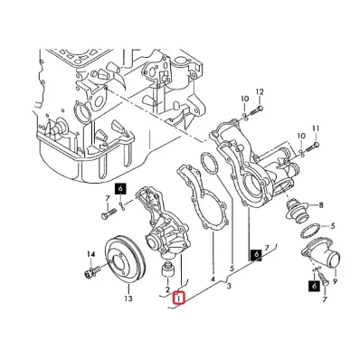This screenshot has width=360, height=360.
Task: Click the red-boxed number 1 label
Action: (179, 298)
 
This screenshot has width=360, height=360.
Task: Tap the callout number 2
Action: (167, 289)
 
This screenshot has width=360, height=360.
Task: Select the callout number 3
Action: (229, 286)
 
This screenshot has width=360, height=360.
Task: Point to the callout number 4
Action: (213, 279)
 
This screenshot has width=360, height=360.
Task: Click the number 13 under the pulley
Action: (128, 298)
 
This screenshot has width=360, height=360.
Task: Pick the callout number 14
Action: (90, 255)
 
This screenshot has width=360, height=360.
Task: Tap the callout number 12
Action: (260, 92)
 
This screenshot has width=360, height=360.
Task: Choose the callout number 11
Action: (316, 128)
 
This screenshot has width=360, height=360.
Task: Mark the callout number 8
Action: (321, 205)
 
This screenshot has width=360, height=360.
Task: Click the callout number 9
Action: (335, 281)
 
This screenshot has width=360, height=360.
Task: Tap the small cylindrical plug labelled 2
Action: (167, 270)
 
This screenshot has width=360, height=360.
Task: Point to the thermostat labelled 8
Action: (298, 212)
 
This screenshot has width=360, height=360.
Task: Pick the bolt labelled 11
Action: (312, 147)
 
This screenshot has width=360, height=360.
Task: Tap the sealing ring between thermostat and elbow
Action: (310, 231)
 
